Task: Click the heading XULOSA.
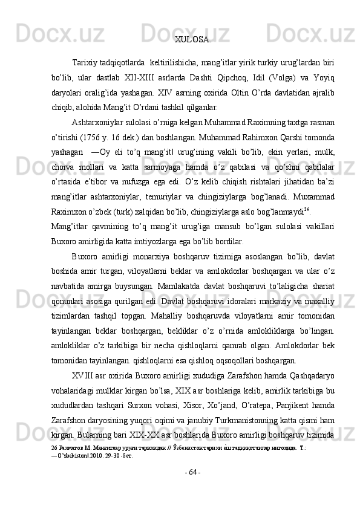point(193,41)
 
